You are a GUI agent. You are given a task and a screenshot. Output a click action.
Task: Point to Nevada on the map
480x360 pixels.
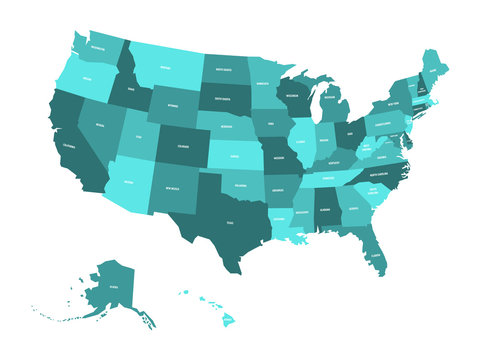(x=99, y=125)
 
